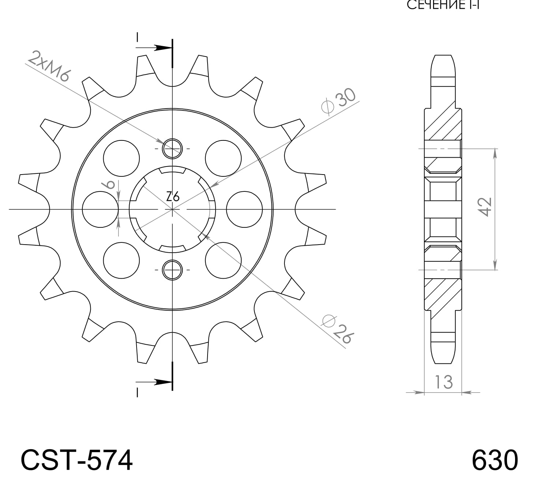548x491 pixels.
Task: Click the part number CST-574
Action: coord(77,460)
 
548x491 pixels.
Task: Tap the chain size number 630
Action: coord(495,460)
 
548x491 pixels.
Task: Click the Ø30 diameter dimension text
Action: coord(339,101)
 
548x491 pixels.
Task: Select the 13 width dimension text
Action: coord(444,382)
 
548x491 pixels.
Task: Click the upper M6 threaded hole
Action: coord(172,149)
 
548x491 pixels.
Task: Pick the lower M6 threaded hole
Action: coord(172,270)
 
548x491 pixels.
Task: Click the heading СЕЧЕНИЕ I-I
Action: coord(443,5)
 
